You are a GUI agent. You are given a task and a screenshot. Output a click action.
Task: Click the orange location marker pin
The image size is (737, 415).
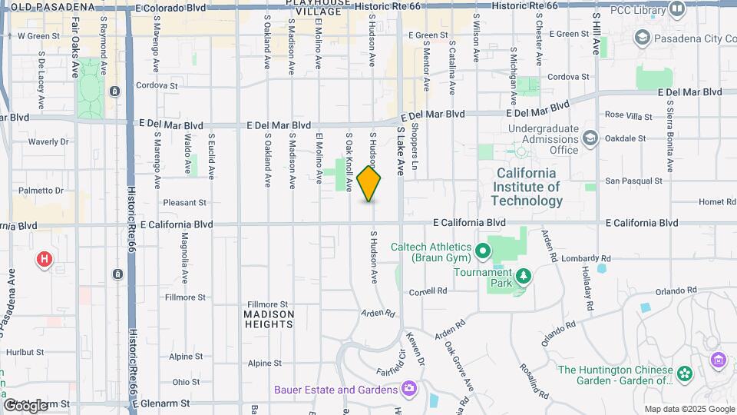[x=369, y=184]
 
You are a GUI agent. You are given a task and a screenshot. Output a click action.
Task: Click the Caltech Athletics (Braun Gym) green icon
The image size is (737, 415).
[x=482, y=251]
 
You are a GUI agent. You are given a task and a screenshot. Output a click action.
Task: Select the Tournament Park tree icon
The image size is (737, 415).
[x=524, y=275]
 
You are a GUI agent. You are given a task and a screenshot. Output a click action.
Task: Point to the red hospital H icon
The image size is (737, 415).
[x=45, y=259]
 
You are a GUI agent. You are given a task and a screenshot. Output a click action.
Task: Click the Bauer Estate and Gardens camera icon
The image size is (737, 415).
[x=408, y=389]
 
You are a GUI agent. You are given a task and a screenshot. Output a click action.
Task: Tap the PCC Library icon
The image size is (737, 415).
[x=676, y=9]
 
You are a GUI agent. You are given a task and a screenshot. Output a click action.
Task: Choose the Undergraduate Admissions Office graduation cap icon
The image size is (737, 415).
[x=590, y=138]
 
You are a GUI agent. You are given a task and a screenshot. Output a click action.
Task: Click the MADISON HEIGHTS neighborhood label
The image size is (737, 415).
[x=269, y=319]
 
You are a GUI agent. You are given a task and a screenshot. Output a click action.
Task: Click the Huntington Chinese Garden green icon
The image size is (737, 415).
[x=682, y=374]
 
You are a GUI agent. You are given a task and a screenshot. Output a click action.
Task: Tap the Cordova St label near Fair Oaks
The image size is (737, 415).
[x=156, y=86]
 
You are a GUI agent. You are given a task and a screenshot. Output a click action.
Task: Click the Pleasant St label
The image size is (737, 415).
[x=185, y=203]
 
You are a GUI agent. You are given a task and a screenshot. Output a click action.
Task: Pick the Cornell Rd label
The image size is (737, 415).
[x=428, y=291]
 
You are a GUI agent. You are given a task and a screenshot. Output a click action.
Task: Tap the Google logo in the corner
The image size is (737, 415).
[x=25, y=405]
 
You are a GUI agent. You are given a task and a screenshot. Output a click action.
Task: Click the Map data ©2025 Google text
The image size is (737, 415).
[x=689, y=409]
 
